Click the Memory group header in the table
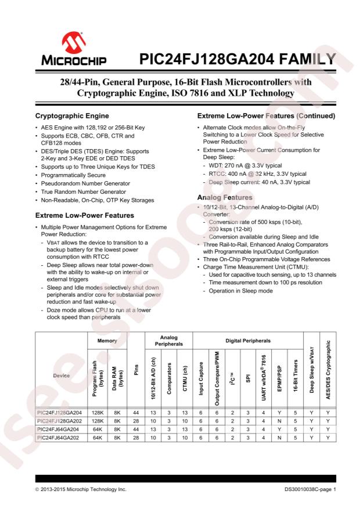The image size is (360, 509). tap(107, 341)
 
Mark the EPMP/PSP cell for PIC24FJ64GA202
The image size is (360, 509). tap(279, 421)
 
